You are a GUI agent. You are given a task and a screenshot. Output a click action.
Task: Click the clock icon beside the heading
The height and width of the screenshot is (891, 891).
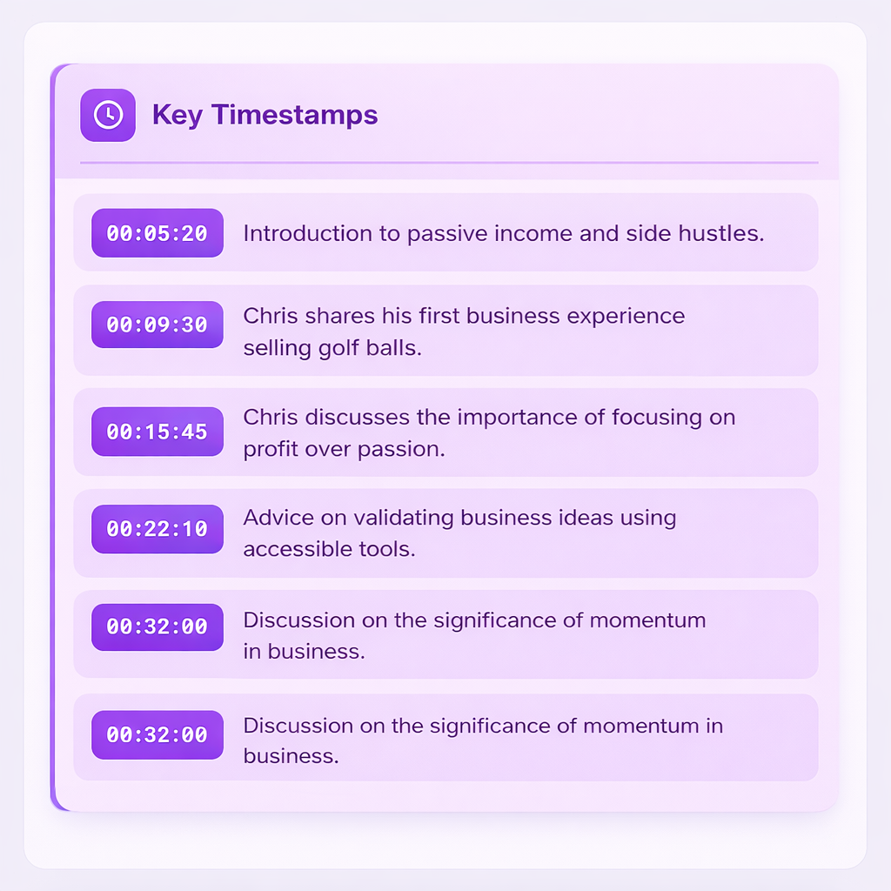[108, 115]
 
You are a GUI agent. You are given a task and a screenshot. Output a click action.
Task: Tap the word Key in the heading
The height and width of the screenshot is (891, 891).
[178, 115]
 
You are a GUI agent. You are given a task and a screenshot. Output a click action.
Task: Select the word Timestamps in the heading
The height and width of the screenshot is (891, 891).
[295, 115]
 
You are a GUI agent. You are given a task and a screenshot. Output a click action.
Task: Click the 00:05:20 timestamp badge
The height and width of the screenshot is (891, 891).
[157, 233]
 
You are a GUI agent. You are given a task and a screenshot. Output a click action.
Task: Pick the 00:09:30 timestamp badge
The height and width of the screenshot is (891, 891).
[157, 325]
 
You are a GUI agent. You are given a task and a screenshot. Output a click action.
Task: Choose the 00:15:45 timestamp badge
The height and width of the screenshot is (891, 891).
[157, 432]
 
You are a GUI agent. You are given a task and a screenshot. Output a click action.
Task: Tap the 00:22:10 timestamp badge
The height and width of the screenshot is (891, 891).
[157, 529]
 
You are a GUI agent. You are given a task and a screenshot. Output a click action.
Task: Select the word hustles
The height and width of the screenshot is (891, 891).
[727, 233]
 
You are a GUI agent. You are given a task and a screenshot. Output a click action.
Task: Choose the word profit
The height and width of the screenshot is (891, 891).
[269, 451]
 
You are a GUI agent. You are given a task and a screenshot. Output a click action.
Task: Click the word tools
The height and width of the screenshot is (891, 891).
[385, 550]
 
